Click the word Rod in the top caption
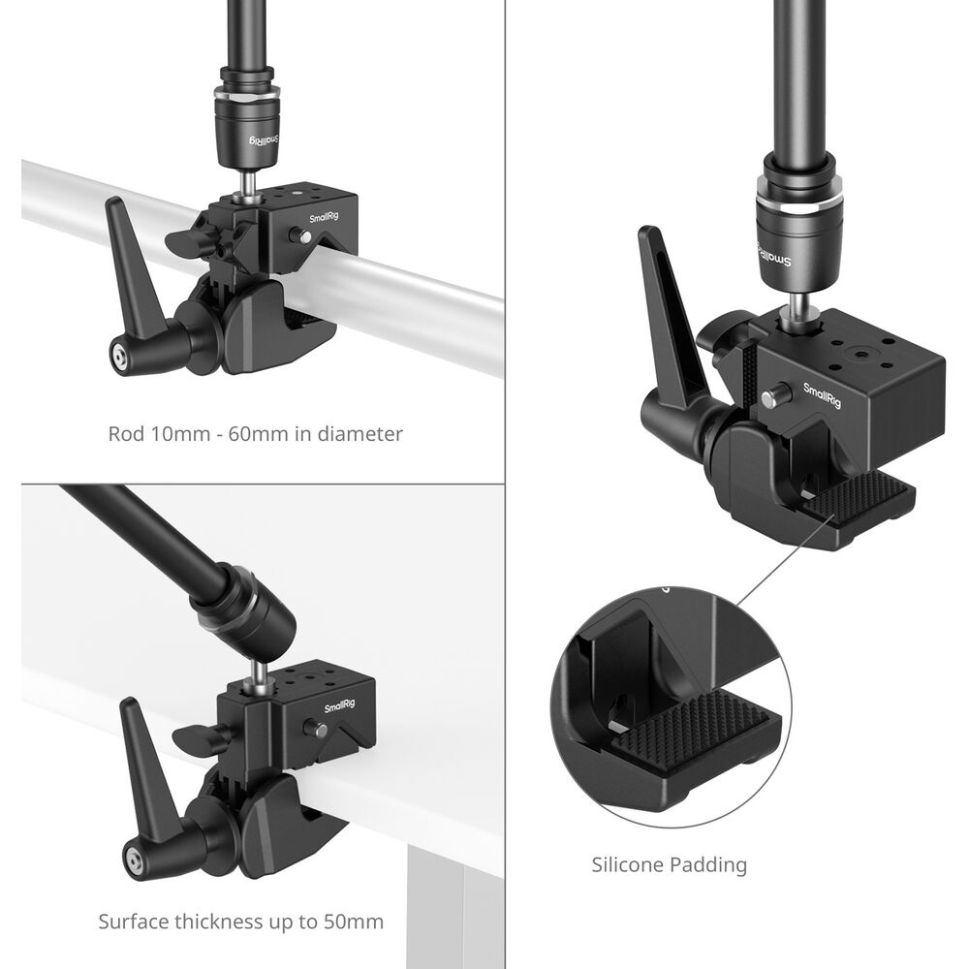click(x=122, y=434)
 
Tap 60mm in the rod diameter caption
click(x=253, y=434)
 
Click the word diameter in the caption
click(x=360, y=434)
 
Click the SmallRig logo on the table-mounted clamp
click(x=340, y=706)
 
